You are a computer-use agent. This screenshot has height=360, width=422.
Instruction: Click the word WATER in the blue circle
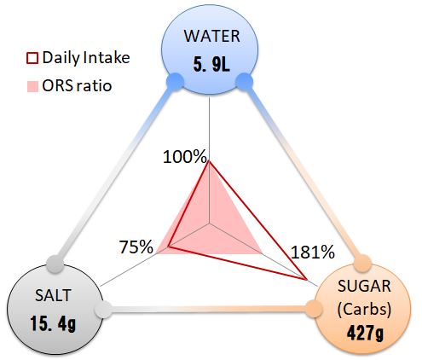coord(211,36)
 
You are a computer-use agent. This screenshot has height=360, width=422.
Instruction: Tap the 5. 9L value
coord(211,64)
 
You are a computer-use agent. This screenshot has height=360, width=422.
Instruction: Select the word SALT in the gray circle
coord(53,295)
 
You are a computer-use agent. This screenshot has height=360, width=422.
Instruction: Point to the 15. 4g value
coord(53,323)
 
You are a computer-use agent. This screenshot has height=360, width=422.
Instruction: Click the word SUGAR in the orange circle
coord(364,286)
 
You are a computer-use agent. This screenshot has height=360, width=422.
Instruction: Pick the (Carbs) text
coord(364,309)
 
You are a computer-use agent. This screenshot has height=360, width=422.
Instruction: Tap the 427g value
coord(365,333)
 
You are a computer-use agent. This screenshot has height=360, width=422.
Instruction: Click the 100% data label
coord(185,156)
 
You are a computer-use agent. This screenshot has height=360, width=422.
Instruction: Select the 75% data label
coord(136,247)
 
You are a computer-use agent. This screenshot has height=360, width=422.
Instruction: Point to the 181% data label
coord(313,252)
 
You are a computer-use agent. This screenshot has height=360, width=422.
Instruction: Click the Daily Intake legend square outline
coord(32,58)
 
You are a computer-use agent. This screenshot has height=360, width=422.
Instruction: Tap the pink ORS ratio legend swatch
coord(32,86)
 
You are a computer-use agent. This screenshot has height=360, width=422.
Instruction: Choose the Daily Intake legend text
coord(86,58)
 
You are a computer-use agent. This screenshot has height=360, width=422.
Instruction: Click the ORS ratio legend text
coord(77,85)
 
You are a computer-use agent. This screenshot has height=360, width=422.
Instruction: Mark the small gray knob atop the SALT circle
coord(55,264)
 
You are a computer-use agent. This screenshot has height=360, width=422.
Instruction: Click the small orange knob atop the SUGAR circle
coord(362,264)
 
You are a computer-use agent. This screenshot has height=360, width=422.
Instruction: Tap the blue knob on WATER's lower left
coord(175,82)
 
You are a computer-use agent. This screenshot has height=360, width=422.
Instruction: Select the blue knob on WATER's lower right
coord(245,82)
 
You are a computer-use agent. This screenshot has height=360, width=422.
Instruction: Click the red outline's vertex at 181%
coord(307,279)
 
